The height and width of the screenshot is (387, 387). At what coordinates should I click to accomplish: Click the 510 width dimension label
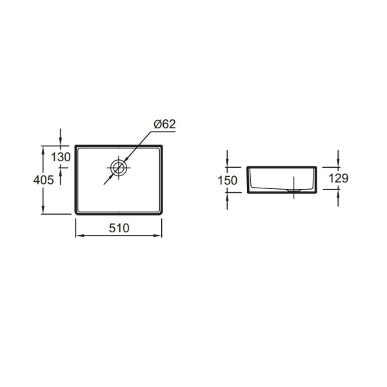[x=119, y=228]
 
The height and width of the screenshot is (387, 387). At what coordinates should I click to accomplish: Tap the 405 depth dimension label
[x=43, y=180]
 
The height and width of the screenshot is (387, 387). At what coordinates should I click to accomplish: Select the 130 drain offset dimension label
[x=61, y=157]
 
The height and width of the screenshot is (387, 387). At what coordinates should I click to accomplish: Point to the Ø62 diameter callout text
[x=164, y=124]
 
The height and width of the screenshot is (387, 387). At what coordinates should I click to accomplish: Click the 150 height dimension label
[x=227, y=181]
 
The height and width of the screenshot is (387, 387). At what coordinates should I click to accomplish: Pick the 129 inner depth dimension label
[x=339, y=178]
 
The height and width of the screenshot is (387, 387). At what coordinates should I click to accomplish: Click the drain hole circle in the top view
[x=119, y=168]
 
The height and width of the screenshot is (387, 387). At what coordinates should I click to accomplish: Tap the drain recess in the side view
[x=293, y=190]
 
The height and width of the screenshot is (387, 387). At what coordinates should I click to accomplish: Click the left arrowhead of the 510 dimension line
[x=79, y=235]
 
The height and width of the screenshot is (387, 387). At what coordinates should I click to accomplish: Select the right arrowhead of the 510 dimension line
[x=157, y=235]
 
